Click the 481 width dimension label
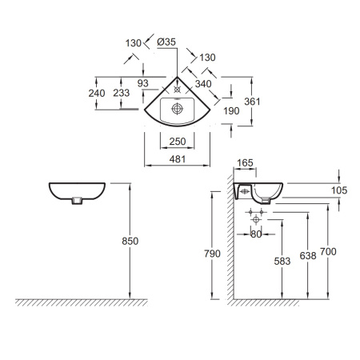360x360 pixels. [178, 159]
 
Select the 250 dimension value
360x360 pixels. [178, 142]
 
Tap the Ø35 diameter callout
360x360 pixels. [166, 42]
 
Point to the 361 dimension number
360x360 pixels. [252, 102]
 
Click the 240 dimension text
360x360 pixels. [97, 93]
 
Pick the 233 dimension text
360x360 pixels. [122, 93]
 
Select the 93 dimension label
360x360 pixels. [143, 83]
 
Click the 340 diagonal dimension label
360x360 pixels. [203, 84]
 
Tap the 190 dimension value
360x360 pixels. [231, 110]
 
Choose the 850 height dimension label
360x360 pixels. [130, 241]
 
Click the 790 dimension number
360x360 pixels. [212, 254]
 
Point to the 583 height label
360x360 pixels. [282, 261]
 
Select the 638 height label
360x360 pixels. [308, 256]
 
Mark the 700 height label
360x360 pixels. [328, 251]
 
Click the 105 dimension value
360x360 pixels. [339, 190]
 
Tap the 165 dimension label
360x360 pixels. [245, 163]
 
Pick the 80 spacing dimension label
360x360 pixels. [256, 234]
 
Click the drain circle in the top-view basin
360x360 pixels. [177, 109]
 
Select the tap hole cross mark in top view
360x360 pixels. [177, 90]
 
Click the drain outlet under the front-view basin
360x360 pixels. [77, 201]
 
